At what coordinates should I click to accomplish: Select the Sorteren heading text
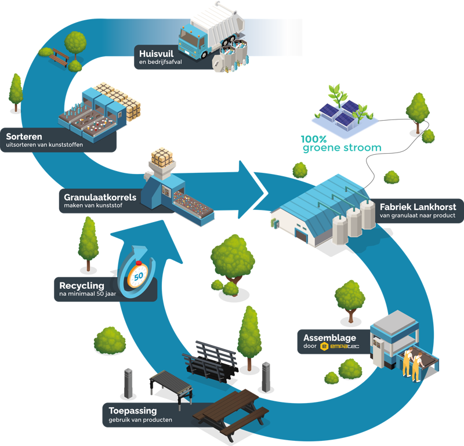click(21, 136)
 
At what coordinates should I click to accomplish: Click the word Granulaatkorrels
click(100, 197)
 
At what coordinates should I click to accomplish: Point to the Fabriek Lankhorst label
click(418, 207)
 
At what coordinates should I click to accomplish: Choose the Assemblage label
click(329, 338)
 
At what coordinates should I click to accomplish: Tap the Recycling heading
click(81, 285)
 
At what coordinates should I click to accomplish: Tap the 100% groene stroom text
click(341, 144)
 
